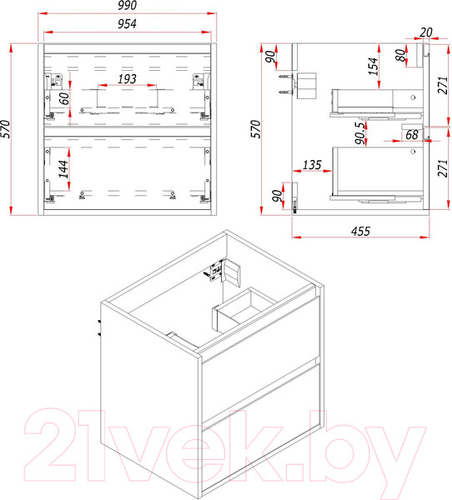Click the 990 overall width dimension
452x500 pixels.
[127, 5]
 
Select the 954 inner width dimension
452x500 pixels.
[127, 24]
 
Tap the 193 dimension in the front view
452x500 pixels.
[127, 79]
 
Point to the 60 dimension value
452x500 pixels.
[64, 98]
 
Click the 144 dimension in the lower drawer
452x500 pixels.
[63, 169]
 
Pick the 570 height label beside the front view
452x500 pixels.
[6, 129]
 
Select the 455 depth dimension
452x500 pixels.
[361, 231]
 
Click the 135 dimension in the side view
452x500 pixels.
[312, 165]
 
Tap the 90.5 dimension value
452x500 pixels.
[360, 133]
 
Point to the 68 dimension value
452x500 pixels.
[412, 135]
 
